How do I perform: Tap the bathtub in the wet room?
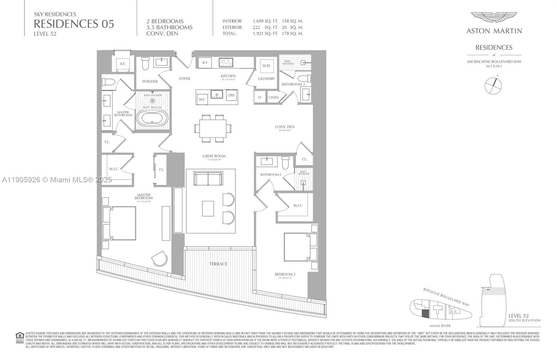(152, 118)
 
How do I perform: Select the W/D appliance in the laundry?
(266, 65)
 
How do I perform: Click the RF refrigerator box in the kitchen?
(205, 63)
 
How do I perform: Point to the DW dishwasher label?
(231, 95)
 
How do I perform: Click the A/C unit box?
(123, 64)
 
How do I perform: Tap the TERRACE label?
(218, 264)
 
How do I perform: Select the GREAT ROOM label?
(214, 156)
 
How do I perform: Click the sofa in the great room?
(208, 179)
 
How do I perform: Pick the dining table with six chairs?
(212, 128)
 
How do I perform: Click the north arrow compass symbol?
(493, 85)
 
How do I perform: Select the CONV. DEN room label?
(284, 127)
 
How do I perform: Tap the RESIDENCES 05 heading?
(74, 24)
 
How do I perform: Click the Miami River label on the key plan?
(440, 326)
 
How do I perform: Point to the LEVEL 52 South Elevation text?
(524, 317)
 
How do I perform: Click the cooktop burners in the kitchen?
(226, 63)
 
